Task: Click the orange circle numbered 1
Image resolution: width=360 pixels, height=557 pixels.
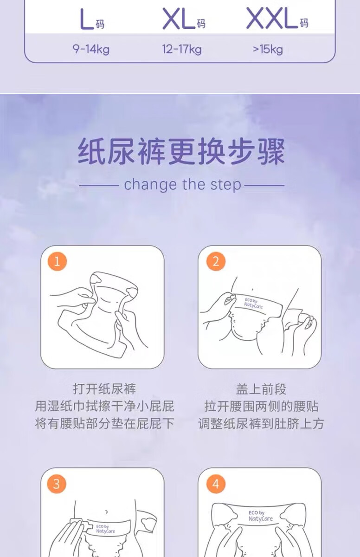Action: tap(57, 262)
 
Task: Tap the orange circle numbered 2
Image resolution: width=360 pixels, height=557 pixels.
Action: tap(216, 262)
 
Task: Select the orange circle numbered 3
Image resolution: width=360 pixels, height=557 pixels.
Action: tap(57, 484)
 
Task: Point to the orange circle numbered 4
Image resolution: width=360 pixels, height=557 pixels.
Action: tap(216, 484)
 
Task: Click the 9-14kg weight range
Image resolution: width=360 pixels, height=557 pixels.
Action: tap(91, 49)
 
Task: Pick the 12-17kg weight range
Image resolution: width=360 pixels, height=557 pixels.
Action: tap(182, 49)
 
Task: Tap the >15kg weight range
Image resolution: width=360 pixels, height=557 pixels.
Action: tap(268, 49)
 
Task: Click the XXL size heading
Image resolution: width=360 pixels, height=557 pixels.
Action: tap(277, 18)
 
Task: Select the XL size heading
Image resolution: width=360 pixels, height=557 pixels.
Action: tap(184, 18)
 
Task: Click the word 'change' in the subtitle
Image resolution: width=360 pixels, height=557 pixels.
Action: tap(151, 185)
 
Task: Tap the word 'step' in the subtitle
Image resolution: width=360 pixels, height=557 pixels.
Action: tap(226, 186)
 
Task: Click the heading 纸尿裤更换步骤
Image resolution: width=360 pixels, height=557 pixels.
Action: tap(181, 152)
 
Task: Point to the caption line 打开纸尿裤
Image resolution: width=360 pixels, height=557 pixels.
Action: tap(104, 389)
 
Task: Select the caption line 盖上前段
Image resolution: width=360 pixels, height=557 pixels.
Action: tap(261, 389)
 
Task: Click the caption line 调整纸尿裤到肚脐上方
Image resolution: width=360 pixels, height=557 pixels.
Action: tap(261, 423)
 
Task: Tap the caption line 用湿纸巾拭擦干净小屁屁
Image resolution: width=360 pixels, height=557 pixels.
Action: tap(104, 406)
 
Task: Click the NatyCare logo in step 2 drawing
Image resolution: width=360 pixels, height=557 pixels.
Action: tap(253, 304)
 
